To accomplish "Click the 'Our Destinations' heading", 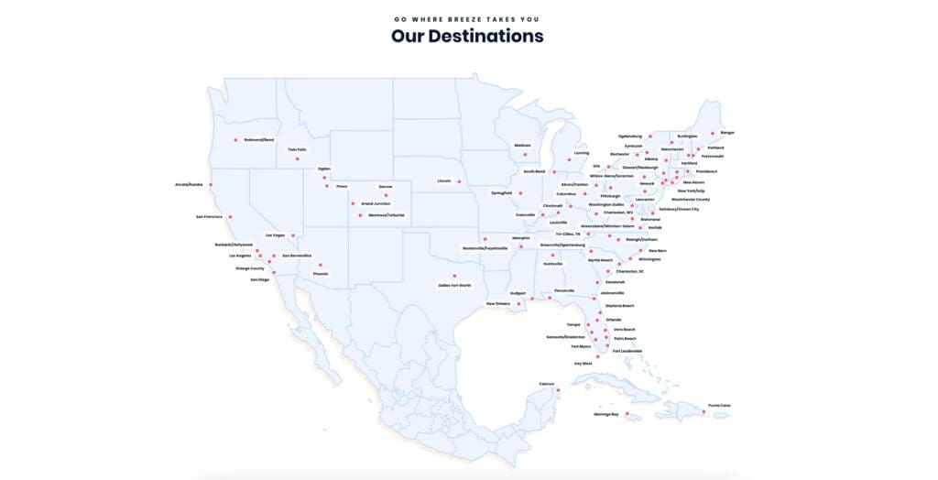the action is tap(467, 37).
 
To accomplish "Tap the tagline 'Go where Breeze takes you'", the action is tap(467, 18).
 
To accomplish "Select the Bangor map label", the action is tap(727, 133).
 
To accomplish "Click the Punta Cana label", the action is tap(719, 406).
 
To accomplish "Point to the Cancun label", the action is tap(547, 384).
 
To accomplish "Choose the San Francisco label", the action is tap(209, 217).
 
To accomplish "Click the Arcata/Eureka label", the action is tap(189, 184).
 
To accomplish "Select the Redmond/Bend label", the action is tap(258, 139).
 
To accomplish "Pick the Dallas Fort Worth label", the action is tap(454, 285).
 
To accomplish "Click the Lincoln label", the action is tap(445, 180).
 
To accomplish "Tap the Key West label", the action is tap(584, 364).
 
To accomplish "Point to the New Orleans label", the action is tap(498, 303).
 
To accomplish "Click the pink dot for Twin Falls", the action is tap(298, 158).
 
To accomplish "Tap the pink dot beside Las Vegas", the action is tap(293, 235).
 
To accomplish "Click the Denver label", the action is tap(385, 186).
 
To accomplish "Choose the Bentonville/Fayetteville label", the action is tap(485, 248).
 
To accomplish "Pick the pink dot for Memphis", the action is tap(520, 246).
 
